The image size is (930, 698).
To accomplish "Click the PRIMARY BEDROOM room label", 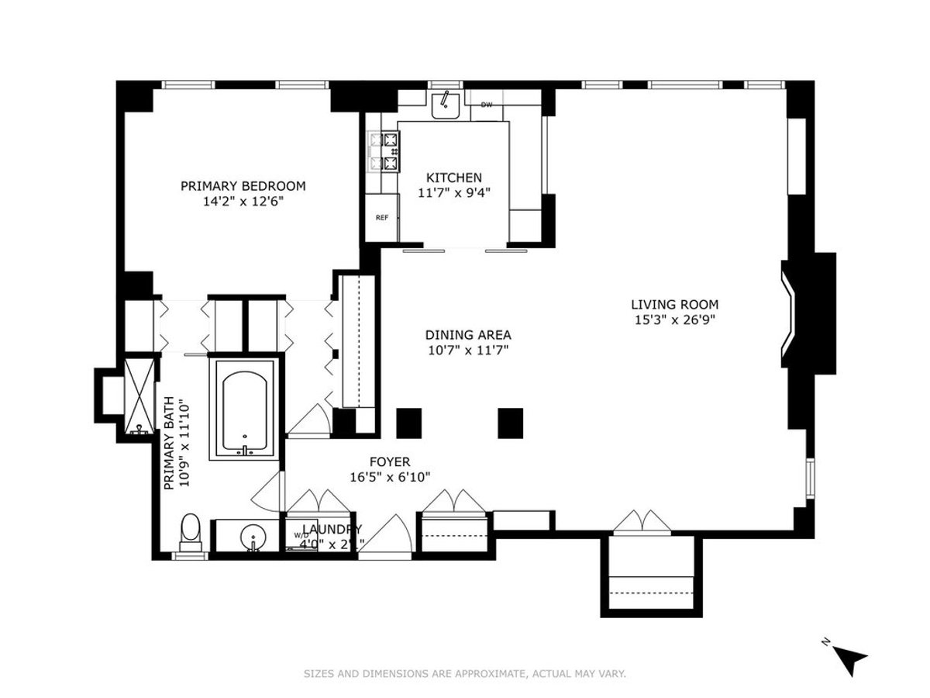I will [x=243, y=186].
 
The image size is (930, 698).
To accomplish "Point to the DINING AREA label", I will [x=467, y=335].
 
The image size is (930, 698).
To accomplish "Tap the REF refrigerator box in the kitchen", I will [x=382, y=218].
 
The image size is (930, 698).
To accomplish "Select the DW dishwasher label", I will [x=487, y=105].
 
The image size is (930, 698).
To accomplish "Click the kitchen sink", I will [x=445, y=105].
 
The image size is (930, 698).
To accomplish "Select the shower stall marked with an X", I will [x=140, y=393].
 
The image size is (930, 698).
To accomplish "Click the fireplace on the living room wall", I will [x=808, y=315].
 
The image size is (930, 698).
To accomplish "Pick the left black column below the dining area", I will [x=408, y=422].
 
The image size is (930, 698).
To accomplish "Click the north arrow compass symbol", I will [x=852, y=659].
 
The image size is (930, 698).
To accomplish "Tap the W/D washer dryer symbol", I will [x=300, y=535].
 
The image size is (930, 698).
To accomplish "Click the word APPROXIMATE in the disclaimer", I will [x=485, y=674].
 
